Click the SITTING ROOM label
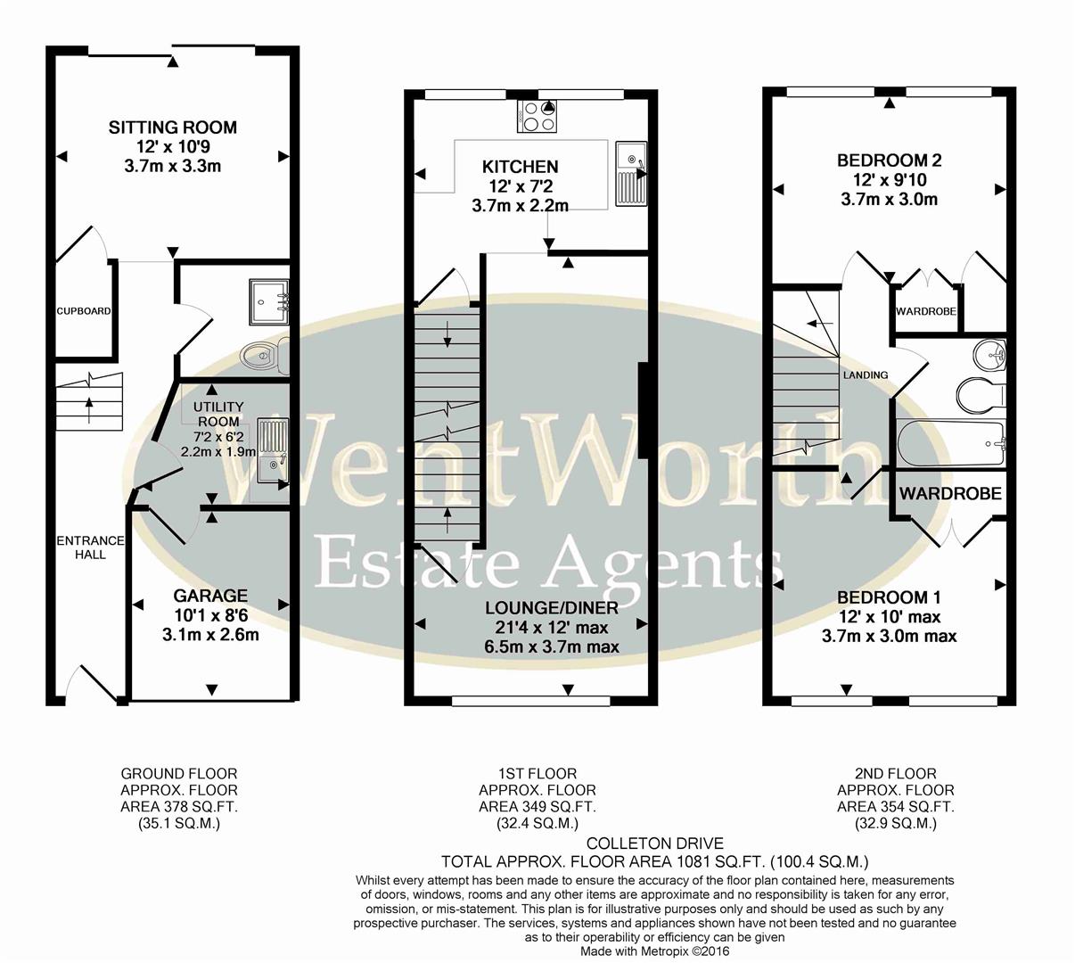(173, 128)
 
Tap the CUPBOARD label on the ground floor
(84, 311)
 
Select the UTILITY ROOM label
(218, 414)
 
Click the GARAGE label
(210, 596)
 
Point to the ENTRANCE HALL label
(90, 547)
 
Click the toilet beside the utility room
(265, 357)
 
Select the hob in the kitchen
(537, 115)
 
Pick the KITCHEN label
(520, 167)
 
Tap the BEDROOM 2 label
(889, 160)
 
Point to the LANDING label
(865, 375)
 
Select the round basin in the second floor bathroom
(990, 354)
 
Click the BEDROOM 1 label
(889, 597)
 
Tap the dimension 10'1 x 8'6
(210, 615)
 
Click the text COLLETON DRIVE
(655, 844)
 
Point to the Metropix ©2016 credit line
(654, 951)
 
